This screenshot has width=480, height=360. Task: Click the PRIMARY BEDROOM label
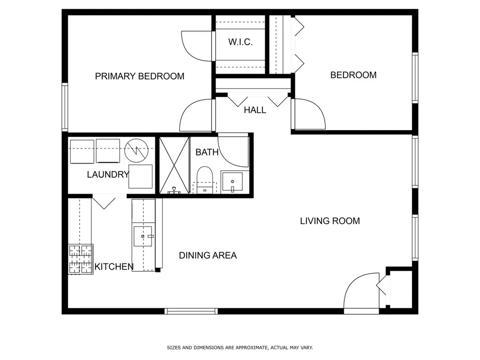140,76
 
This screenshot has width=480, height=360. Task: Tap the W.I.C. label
240,42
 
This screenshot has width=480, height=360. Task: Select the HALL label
255,110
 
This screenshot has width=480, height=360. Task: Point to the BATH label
207,152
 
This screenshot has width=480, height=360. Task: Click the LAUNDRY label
108,174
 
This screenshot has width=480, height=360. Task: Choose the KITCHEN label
114,267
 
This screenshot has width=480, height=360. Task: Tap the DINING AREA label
208,255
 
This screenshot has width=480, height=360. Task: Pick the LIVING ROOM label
330,221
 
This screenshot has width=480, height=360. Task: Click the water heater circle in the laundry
136,150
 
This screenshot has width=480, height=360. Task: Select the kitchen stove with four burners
81,259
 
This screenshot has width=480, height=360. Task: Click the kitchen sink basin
142,236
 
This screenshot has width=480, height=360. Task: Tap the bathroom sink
232,181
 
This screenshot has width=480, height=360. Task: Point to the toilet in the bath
204,180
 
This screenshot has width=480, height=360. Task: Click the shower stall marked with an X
174,165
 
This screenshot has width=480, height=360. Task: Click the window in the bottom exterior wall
191,311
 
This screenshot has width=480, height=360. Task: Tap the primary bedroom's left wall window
65,107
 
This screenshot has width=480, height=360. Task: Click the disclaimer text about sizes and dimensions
240,347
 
